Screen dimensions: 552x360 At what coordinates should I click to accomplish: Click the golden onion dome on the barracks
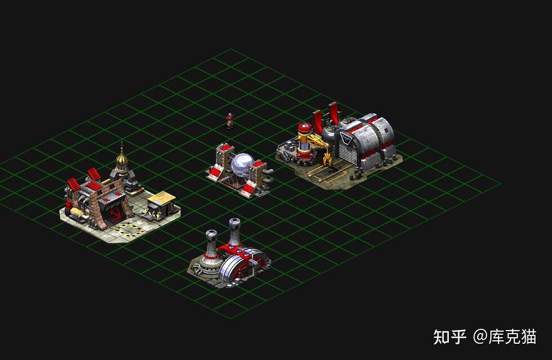click(122, 160)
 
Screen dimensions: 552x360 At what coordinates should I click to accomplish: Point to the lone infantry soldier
click(230, 121)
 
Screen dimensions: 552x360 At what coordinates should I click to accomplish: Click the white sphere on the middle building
click(242, 164)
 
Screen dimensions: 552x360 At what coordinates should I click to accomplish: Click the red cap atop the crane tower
click(305, 127)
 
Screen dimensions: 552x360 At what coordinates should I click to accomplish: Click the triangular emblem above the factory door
click(346, 139)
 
